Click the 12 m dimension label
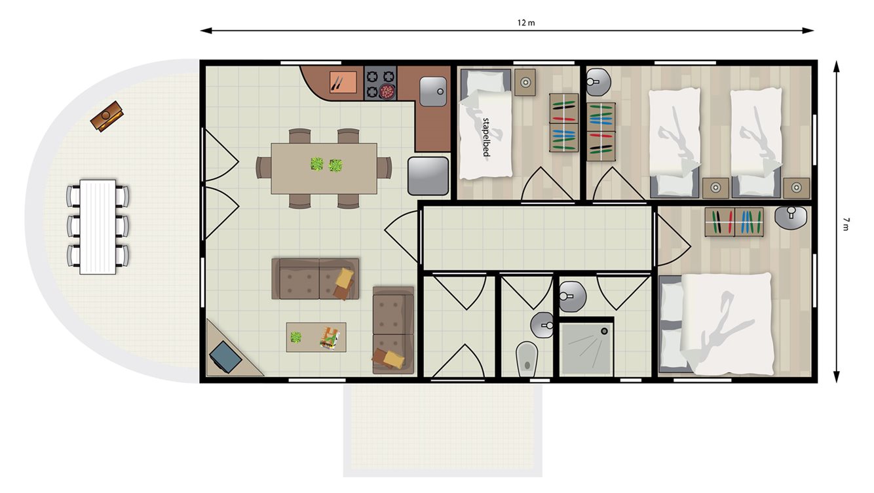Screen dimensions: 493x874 click(526, 23)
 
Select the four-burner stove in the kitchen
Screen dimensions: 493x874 click(381, 83)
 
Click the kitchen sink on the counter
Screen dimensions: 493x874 click(432, 91)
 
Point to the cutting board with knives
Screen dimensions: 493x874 click(343, 83)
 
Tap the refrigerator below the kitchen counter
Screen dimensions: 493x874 click(427, 175)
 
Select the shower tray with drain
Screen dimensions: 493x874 click(586, 347)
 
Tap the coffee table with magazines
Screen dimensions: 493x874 click(316, 337)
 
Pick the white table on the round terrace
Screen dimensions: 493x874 click(98, 226)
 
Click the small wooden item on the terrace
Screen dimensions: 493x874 click(107, 116)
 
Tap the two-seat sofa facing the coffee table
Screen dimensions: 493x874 click(315, 279)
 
